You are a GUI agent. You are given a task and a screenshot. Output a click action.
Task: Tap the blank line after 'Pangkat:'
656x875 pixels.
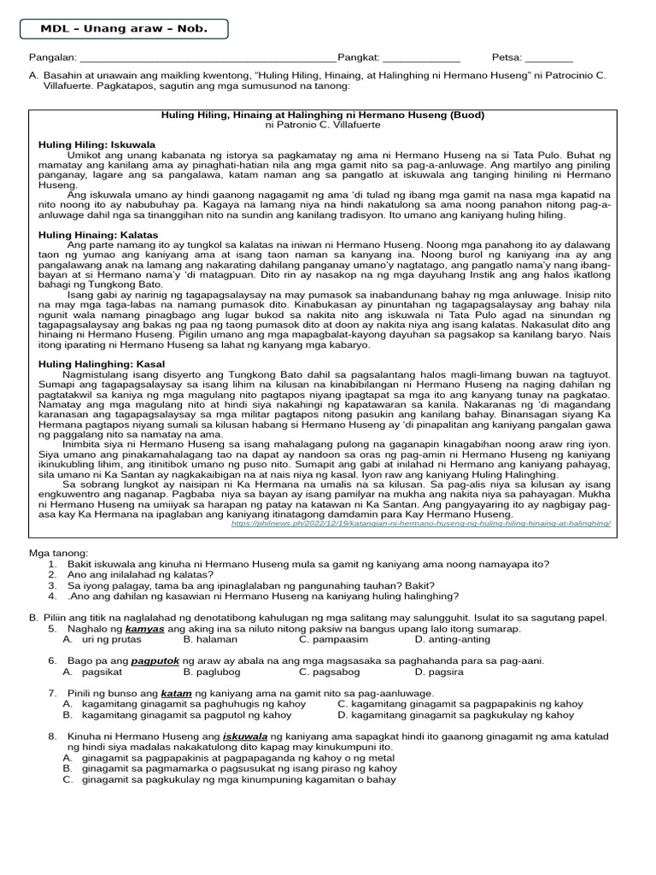[x=420, y=58]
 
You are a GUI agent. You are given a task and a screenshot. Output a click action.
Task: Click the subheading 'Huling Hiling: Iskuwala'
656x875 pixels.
[x=91, y=144]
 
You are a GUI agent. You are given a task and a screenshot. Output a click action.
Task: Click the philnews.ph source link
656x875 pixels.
[x=421, y=523]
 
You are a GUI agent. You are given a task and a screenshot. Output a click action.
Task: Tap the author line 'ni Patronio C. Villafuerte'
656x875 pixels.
[x=323, y=125]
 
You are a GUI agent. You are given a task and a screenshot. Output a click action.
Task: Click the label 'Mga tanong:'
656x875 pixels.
[x=58, y=554]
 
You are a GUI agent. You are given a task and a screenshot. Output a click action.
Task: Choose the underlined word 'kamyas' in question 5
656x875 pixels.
[x=144, y=628]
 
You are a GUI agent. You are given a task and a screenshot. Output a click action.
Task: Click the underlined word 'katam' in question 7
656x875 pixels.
[x=175, y=693]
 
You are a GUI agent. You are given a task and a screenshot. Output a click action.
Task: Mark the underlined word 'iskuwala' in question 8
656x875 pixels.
[x=245, y=736]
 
